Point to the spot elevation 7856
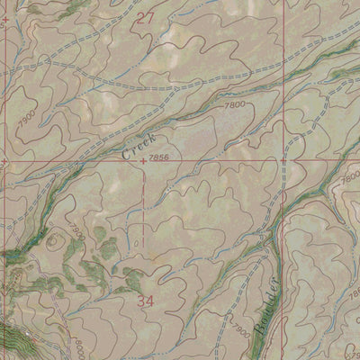tap(162, 158)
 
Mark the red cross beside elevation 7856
tap(144, 161)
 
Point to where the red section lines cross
tap(276, 160)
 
